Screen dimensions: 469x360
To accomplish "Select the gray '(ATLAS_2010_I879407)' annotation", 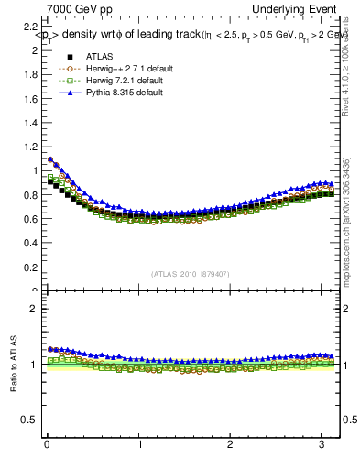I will (x=191, y=272).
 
